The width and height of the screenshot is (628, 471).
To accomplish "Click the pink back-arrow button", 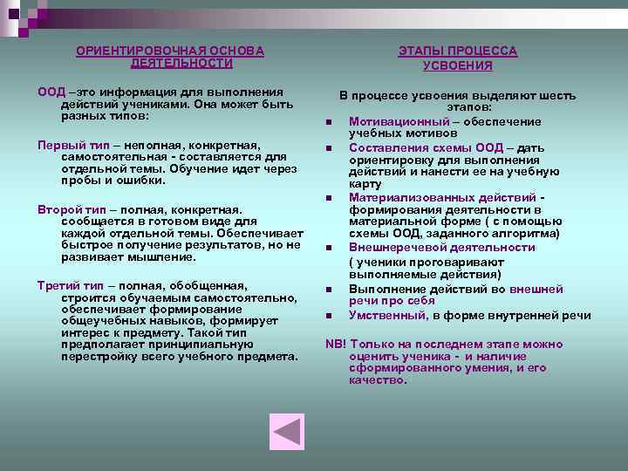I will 287,431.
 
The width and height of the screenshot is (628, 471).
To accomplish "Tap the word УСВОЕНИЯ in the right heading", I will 457,65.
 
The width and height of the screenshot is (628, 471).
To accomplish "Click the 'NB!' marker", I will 337,344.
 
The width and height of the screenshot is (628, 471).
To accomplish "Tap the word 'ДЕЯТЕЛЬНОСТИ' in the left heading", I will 181,64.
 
